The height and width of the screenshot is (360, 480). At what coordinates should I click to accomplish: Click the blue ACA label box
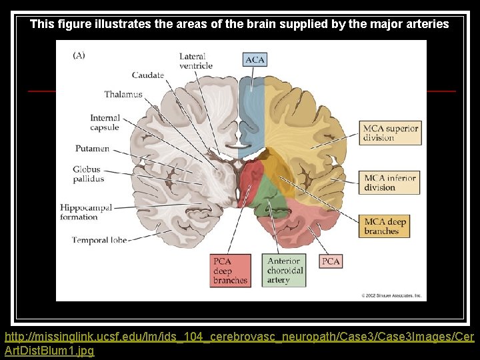tap(255, 59)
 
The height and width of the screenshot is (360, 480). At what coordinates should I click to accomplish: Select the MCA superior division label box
tap(391, 133)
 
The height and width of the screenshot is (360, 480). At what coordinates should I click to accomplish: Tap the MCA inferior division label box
tap(391, 183)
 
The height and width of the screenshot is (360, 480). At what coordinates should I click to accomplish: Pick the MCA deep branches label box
tap(385, 227)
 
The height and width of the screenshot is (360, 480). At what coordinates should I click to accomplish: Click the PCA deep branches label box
tap(231, 271)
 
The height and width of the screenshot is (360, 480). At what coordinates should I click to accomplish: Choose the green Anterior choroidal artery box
tap(285, 271)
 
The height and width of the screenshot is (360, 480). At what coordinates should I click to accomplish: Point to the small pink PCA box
tap(331, 261)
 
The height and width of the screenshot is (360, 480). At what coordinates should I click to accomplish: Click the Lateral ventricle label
tap(196, 61)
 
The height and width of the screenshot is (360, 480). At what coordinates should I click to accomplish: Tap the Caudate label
tap(148, 75)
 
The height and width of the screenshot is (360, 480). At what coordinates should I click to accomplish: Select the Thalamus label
tap(123, 95)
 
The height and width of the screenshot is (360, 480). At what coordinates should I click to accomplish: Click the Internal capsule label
tap(105, 123)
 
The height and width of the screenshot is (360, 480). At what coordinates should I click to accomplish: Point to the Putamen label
tap(92, 149)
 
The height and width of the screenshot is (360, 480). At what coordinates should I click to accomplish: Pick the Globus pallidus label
tap(89, 174)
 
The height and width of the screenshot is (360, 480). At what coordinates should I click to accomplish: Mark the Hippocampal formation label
tap(89, 212)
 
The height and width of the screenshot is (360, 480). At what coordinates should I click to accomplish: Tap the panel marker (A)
tap(79, 55)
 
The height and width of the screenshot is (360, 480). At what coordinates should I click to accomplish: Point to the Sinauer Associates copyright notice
tap(391, 295)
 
